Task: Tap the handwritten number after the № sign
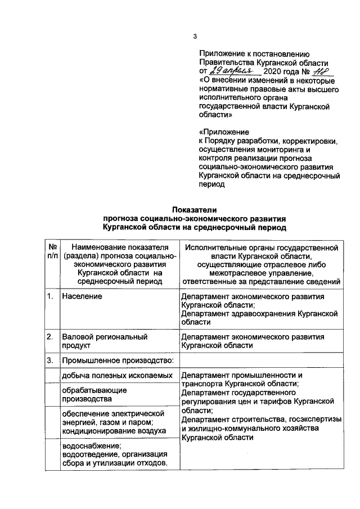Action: pyautogui.click(x=323, y=71)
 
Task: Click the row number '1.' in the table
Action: pyautogui.click(x=50, y=296)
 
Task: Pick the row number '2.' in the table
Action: pyautogui.click(x=50, y=337)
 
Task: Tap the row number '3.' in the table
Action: pyautogui.click(x=50, y=361)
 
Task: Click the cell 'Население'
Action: pyautogui.click(x=82, y=296)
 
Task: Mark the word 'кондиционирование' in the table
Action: pyautogui.click(x=97, y=431)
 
